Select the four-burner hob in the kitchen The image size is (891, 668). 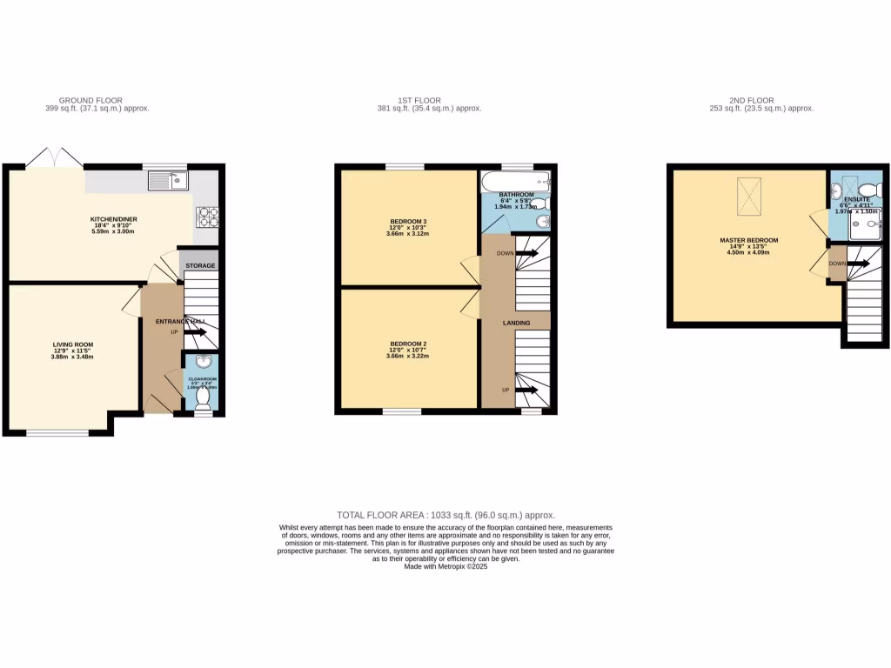click(207, 215)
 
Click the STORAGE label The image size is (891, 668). click(199, 265)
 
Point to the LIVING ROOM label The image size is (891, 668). click(71, 344)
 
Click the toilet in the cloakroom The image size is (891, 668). click(203, 397)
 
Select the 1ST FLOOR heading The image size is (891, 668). click(428, 100)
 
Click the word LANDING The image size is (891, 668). click(516, 324)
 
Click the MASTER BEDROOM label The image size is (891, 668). click(748, 240)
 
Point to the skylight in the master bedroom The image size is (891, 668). click(749, 190)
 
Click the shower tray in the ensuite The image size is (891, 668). click(867, 225)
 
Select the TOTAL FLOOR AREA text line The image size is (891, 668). click(445, 515)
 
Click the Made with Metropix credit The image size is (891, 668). click(445, 566)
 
